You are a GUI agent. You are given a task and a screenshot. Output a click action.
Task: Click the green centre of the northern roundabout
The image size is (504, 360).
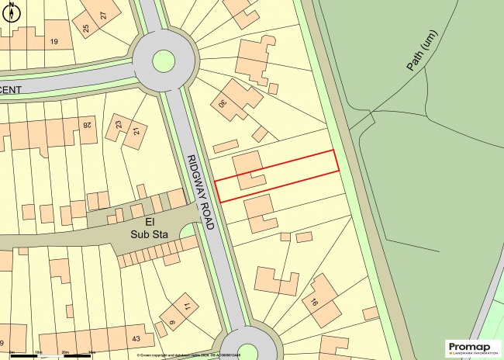[x=164, y=60]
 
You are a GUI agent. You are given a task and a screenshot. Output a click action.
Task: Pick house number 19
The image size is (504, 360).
[x=54, y=41]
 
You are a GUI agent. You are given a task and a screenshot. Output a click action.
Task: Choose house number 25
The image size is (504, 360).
[x=85, y=29]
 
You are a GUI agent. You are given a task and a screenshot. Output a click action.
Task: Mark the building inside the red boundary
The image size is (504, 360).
[x=247, y=170]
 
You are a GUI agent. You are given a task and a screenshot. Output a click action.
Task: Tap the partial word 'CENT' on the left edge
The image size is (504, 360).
[x=11, y=90]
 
